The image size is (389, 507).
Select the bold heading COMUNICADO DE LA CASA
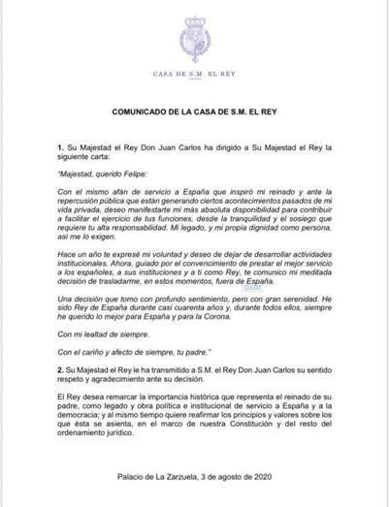pos(194,112)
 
